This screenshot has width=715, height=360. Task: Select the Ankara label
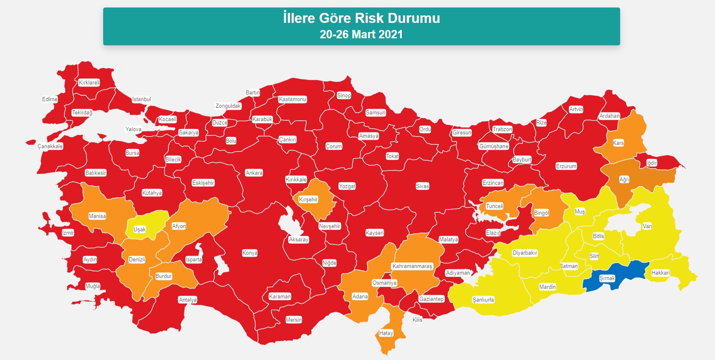coord(254,173)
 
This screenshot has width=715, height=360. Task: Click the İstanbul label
coord(141,99)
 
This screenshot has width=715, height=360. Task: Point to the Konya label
coord(250,253)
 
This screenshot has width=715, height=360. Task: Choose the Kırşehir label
coord(308,199)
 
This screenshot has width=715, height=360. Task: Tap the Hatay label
coord(386,333)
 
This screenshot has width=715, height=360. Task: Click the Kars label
coord(618,143)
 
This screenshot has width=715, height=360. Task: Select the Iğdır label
coord(651,163)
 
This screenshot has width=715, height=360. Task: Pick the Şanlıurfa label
coord(483,300)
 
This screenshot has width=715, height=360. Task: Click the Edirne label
coord(49,99)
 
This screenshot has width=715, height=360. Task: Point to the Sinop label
coord(344,95)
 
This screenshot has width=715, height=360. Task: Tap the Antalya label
coord(188,300)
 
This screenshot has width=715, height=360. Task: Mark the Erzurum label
coord(566,166)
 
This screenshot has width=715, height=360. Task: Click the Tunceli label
coord(495,206)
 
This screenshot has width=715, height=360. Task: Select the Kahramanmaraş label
coord(412,266)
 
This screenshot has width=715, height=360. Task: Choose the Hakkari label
coord(660,273)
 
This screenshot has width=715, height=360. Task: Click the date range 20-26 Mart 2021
coord(361,34)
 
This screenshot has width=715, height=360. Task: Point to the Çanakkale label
coord(50,146)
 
